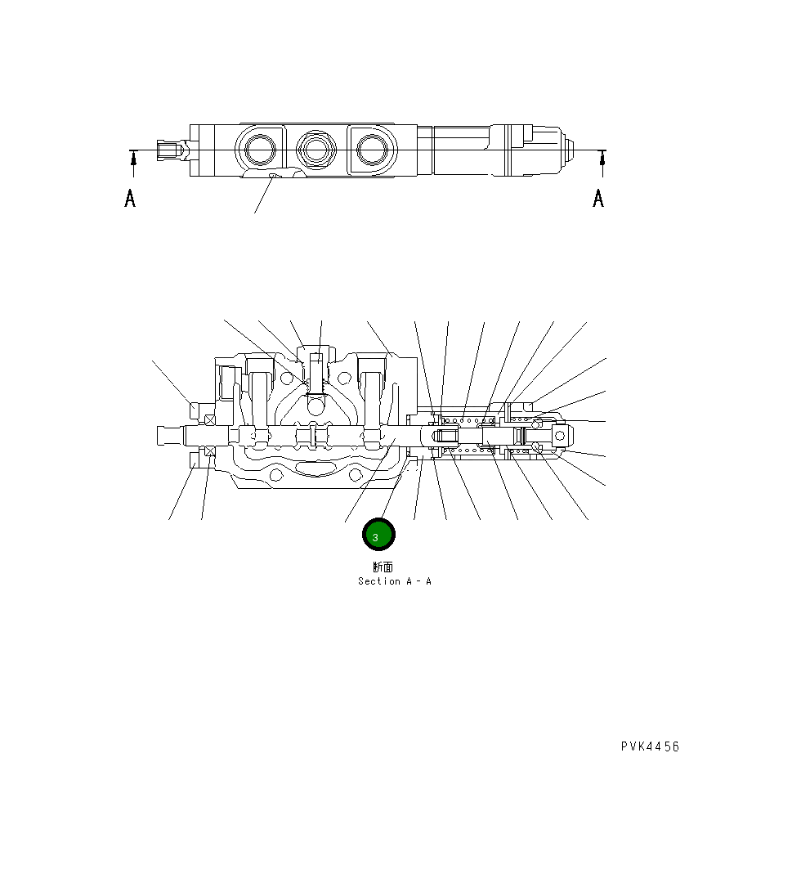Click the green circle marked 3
[378, 536]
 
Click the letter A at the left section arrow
[130, 198]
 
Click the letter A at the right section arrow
[598, 198]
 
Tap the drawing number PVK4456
[650, 746]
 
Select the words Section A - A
[395, 581]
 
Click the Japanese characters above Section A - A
[383, 567]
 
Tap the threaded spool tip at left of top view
[170, 151]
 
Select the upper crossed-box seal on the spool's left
[210, 420]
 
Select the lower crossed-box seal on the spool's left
[210, 451]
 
